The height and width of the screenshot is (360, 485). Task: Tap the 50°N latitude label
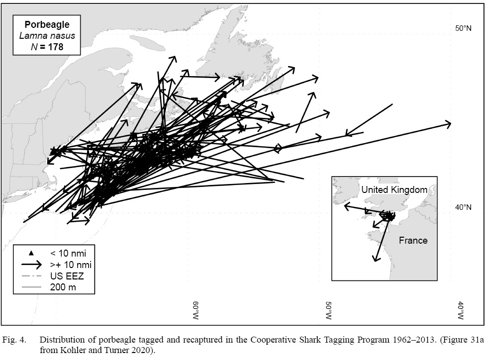pos(463,28)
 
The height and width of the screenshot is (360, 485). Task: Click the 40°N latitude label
pos(463,207)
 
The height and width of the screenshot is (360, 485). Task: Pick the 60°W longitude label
pos(196,310)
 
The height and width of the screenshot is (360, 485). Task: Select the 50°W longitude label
pos(328,310)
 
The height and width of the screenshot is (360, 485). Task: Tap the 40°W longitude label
pos(461,310)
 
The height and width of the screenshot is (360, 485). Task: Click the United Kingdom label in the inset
pos(394,189)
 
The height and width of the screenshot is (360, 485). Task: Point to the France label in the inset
pos(413,241)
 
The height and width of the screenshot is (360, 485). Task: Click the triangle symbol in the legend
pos(31,253)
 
